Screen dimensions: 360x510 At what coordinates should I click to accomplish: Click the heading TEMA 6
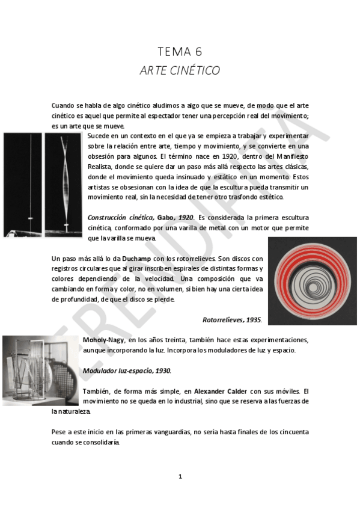(x=180, y=51)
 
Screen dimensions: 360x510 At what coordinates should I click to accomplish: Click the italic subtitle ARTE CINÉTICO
(x=180, y=70)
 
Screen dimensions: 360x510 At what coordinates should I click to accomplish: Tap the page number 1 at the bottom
(x=180, y=476)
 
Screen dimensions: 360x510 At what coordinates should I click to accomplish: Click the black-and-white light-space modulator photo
(x=40, y=370)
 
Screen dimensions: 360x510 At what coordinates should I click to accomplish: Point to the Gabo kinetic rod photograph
(x=43, y=185)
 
